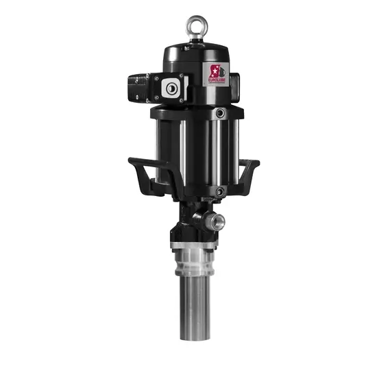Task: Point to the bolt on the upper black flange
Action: tap(219, 112)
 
